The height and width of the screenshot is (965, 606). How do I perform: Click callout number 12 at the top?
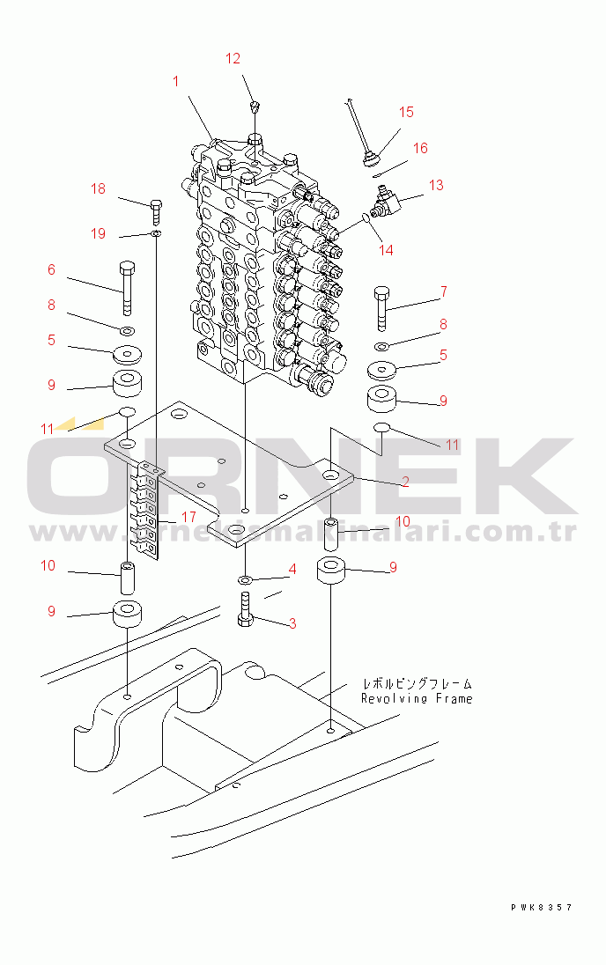pyautogui.click(x=233, y=59)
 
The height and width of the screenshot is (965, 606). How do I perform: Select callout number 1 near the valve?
pyautogui.click(x=175, y=81)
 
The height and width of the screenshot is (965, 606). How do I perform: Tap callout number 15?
pyautogui.click(x=406, y=112)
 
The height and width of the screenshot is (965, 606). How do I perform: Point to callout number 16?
pyautogui.click(x=421, y=148)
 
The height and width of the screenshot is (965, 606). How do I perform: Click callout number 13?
pyautogui.click(x=437, y=185)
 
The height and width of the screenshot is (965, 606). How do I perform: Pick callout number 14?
pyautogui.click(x=386, y=250)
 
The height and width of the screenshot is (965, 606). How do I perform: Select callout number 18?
pyautogui.click(x=98, y=188)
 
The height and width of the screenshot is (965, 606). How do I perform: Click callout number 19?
pyautogui.click(x=98, y=233)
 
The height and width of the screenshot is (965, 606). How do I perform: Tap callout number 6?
pyautogui.click(x=51, y=269)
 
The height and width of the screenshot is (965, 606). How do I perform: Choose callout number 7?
pyautogui.click(x=443, y=291)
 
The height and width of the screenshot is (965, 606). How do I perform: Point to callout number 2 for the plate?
pyautogui.click(x=404, y=481)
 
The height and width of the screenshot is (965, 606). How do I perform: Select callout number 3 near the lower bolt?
pyautogui.click(x=292, y=623)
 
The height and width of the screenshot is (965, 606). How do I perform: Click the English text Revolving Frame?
pyautogui.click(x=416, y=698)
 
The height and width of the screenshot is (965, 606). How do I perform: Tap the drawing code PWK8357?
pyautogui.click(x=541, y=907)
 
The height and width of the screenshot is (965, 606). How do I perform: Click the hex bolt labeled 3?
pyautogui.click(x=246, y=609)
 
